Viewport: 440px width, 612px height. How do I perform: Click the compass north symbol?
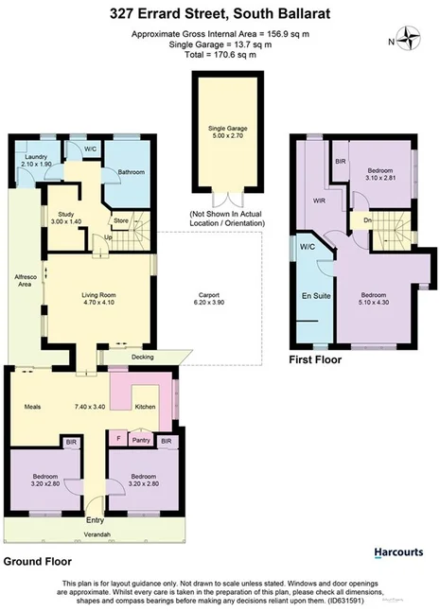[x=409, y=40]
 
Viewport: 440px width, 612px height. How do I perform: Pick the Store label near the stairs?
[x=121, y=223]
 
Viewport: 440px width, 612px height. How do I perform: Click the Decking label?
[x=144, y=358]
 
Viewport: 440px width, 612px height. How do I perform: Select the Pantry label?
[x=141, y=440]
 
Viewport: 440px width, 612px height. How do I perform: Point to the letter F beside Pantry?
[x=117, y=440]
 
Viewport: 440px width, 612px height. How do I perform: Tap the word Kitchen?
[x=145, y=407]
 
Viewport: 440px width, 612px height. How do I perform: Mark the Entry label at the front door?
[x=96, y=520]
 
